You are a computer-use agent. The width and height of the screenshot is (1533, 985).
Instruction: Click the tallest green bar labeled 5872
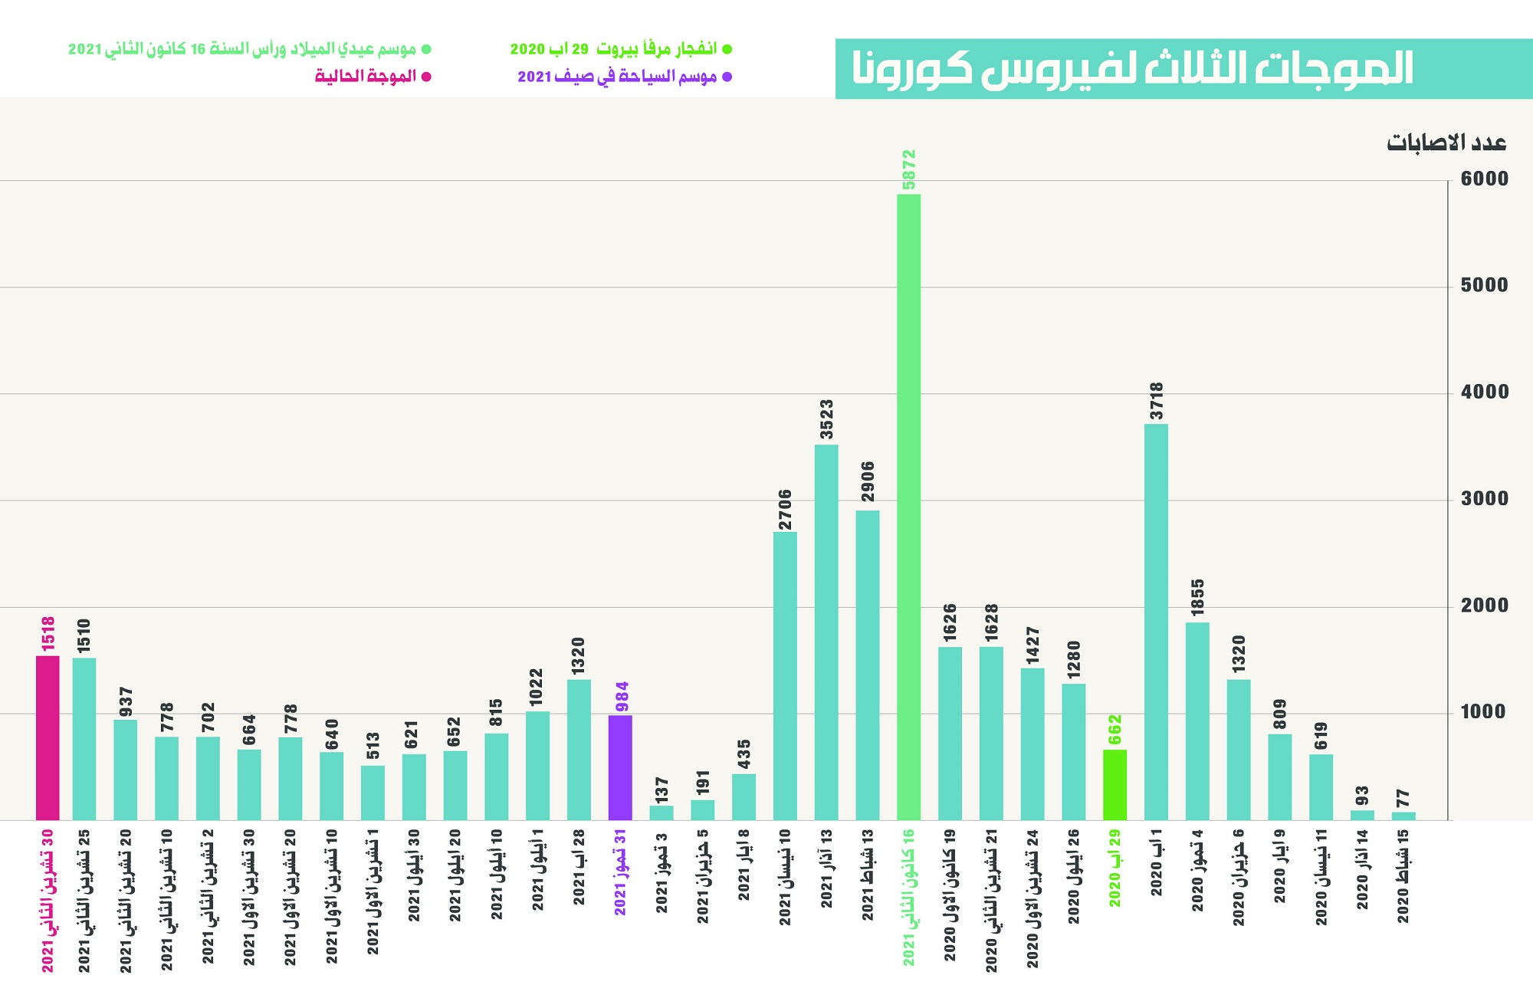[x=908, y=506]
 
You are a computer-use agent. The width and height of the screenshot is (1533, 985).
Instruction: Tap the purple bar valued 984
[x=620, y=767]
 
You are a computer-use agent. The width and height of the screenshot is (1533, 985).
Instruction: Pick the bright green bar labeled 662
[x=1114, y=784]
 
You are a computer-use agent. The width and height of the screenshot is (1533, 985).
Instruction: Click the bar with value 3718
[x=1156, y=621]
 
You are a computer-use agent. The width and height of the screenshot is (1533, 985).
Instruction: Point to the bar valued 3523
[x=826, y=632]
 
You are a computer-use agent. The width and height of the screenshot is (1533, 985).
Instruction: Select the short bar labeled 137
[x=661, y=813]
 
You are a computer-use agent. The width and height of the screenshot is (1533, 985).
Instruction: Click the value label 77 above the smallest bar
[x=1403, y=798]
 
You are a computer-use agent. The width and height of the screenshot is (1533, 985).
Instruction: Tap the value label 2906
[x=868, y=481]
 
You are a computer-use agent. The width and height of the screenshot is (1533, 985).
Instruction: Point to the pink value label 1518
[x=48, y=633]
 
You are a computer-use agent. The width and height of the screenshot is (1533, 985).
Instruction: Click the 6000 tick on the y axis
[x=1484, y=179]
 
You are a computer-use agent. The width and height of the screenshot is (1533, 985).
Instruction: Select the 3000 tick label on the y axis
[x=1484, y=499]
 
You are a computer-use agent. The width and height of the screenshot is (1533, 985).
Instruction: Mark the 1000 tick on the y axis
[x=1484, y=712]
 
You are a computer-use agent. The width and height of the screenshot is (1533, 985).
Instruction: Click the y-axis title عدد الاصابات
[x=1446, y=143]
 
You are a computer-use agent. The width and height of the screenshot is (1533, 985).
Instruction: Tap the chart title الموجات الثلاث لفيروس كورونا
[x=1133, y=69]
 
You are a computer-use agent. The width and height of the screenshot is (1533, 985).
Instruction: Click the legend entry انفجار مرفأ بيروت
[x=621, y=49]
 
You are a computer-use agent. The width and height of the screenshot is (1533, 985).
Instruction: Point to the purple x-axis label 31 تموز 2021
[x=620, y=872]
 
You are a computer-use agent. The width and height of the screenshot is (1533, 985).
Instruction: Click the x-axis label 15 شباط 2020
[x=1403, y=875]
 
